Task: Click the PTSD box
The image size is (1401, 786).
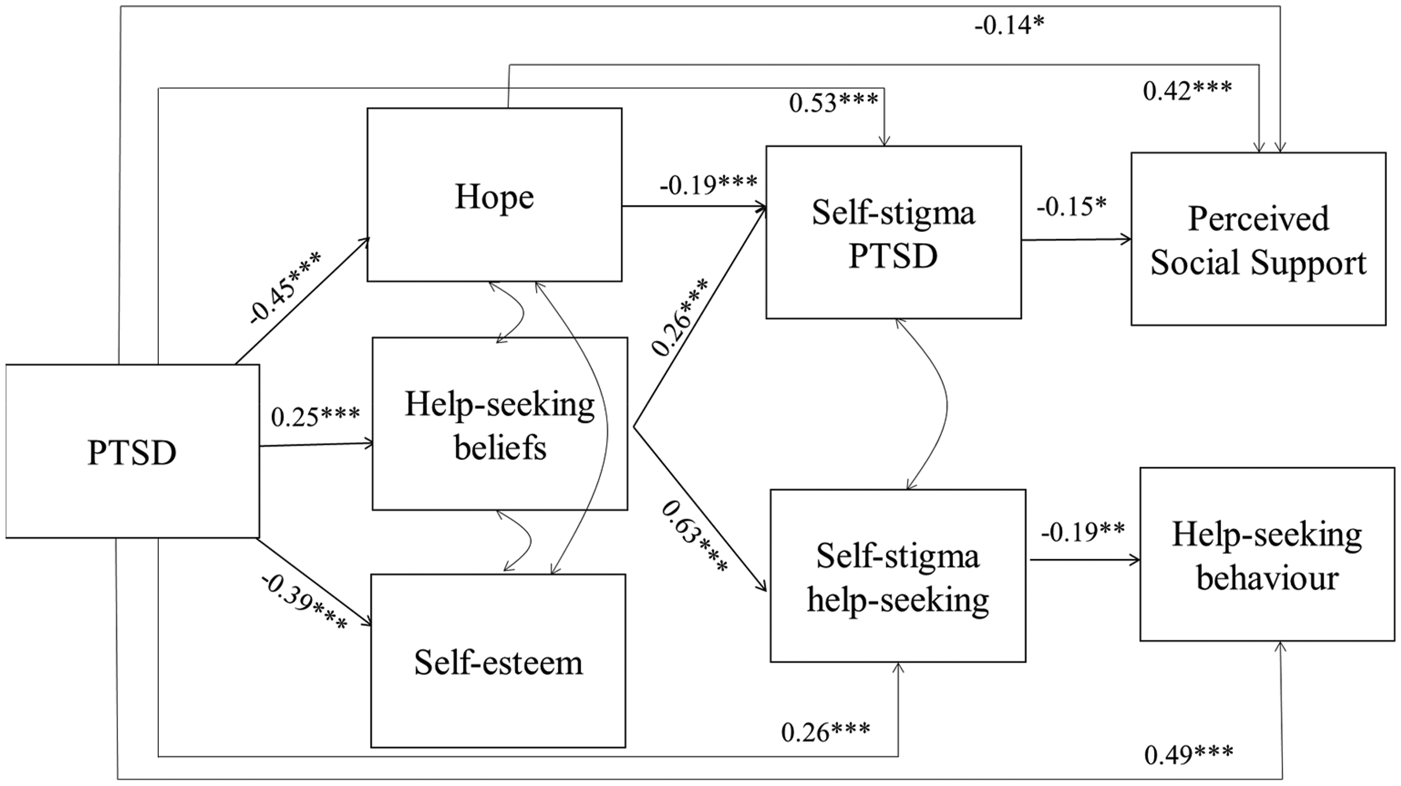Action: tap(132, 451)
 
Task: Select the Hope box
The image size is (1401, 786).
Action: tap(494, 195)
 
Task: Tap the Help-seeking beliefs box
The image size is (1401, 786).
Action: tap(500, 424)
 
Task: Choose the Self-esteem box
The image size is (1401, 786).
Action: tap(498, 661)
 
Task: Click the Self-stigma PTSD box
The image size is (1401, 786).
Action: tap(894, 232)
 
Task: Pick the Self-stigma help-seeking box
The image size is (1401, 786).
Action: tap(898, 576)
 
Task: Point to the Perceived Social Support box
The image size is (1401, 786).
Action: tap(1258, 239)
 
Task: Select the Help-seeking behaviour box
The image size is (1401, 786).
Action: tap(1268, 554)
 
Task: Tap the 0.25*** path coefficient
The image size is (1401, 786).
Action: tap(316, 416)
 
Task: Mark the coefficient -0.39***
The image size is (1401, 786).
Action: tap(304, 602)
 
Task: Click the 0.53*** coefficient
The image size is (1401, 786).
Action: tap(834, 102)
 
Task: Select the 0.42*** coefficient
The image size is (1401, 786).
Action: tap(1188, 90)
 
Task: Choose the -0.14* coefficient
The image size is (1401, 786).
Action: tap(1010, 25)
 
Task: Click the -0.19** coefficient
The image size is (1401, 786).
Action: tap(1083, 531)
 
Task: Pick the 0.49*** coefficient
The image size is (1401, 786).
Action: tap(1189, 754)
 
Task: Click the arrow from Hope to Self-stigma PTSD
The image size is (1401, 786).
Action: tap(694, 206)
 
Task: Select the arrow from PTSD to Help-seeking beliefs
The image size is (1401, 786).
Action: tap(317, 445)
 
